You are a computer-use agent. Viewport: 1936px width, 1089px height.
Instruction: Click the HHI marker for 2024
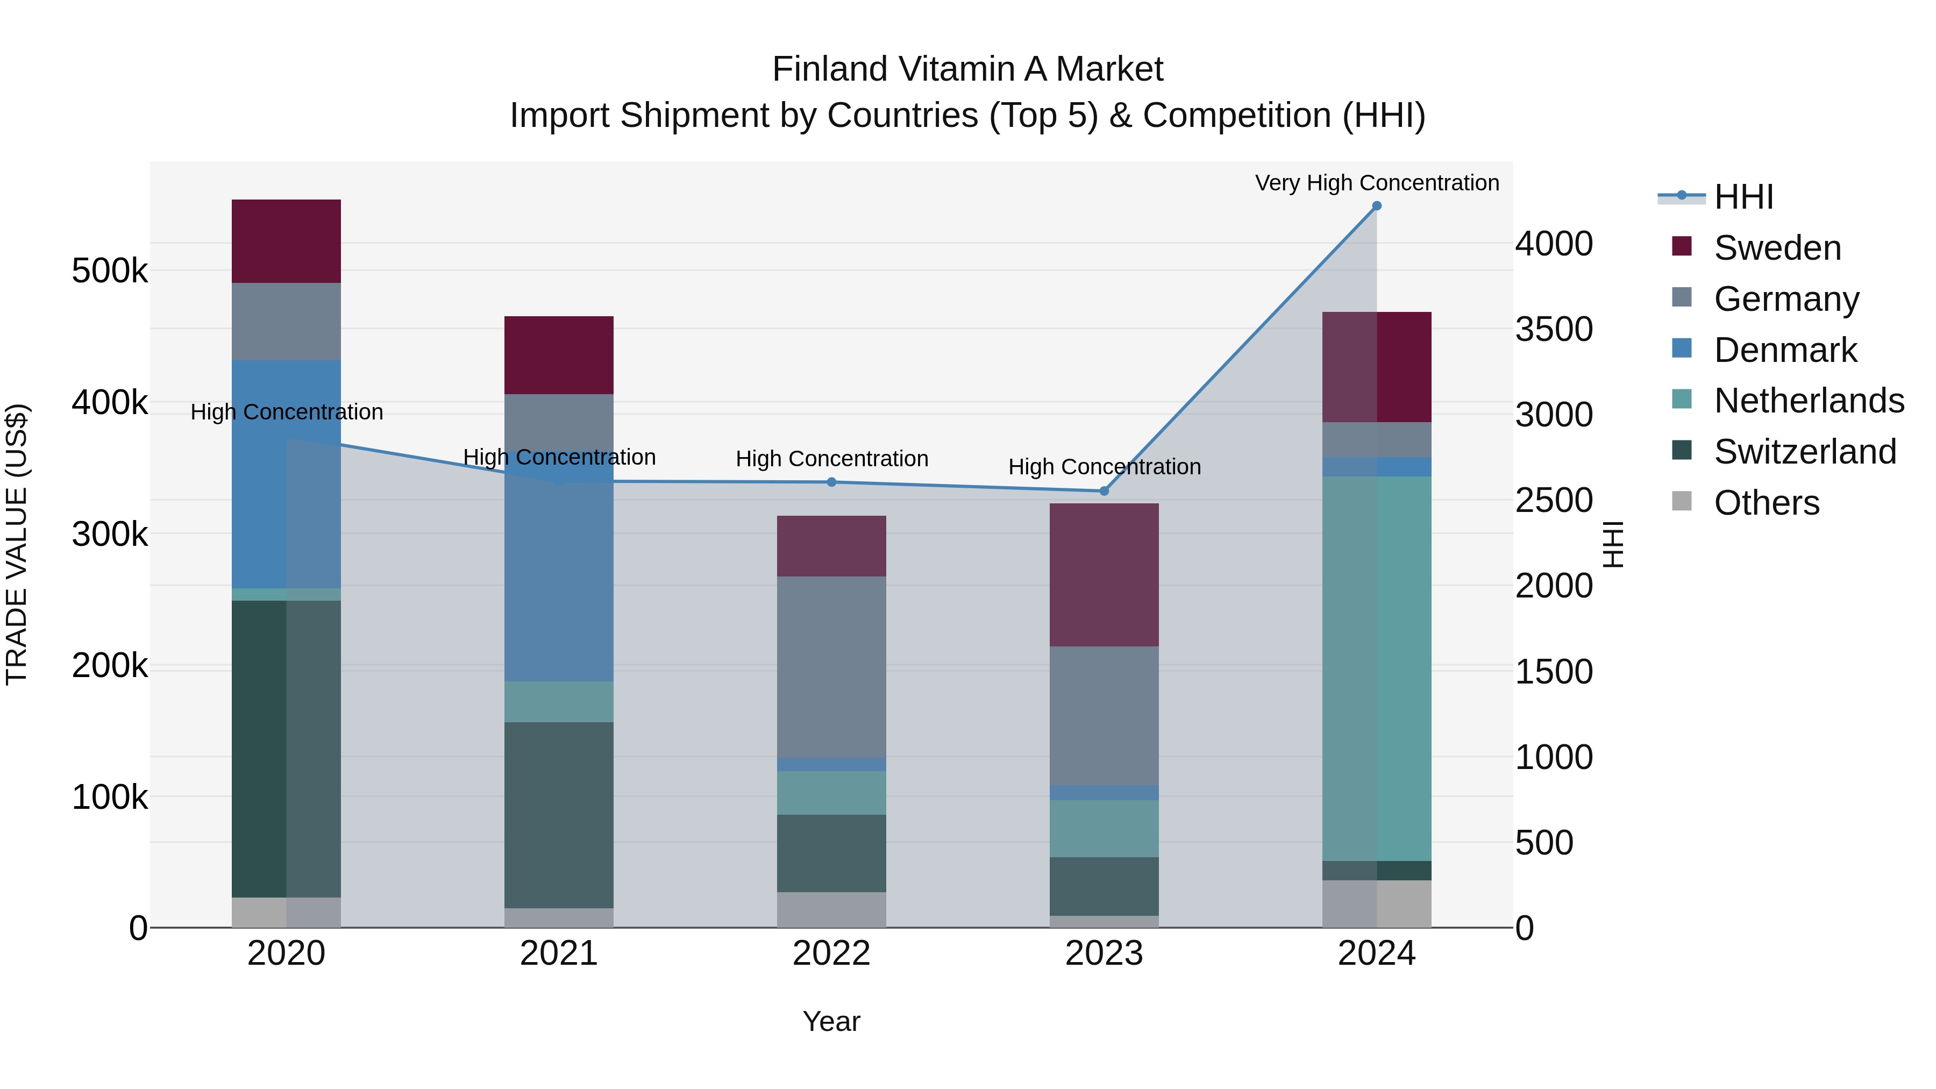[x=1377, y=206]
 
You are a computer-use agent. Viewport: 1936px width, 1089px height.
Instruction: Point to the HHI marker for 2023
[x=1104, y=492]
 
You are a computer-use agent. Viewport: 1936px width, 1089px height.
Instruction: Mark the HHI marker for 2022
[x=831, y=482]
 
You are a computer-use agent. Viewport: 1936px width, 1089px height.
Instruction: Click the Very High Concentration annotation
[x=1377, y=183]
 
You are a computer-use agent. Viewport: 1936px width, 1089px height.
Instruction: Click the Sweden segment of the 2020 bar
[x=286, y=241]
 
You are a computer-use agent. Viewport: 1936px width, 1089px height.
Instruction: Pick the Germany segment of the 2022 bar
[x=831, y=667]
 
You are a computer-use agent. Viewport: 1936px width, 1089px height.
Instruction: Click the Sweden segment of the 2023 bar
[x=1104, y=575]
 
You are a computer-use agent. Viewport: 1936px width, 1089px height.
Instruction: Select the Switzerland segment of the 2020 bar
[x=286, y=749]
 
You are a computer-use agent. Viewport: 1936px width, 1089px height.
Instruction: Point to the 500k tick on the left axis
[x=110, y=271]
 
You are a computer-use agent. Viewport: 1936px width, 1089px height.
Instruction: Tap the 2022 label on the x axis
[x=831, y=953]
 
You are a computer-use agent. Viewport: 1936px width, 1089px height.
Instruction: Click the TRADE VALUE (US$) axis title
[x=17, y=544]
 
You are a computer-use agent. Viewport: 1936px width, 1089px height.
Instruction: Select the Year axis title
[x=831, y=1021]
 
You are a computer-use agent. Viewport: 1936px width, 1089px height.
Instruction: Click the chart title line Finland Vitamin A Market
[x=967, y=69]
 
